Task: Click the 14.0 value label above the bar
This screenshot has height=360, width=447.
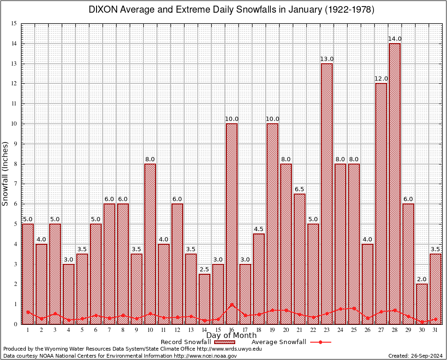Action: (x=395, y=39)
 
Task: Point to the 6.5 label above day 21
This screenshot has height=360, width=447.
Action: (x=299, y=189)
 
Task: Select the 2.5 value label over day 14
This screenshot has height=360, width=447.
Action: (x=204, y=269)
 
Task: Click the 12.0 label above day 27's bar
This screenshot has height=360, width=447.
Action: (x=381, y=79)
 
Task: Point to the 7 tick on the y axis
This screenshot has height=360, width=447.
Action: (x=15, y=184)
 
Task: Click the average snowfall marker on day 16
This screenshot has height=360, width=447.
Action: (x=231, y=305)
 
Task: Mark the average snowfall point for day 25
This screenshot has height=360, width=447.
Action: (x=354, y=308)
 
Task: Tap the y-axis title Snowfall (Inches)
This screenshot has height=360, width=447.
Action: (x=6, y=173)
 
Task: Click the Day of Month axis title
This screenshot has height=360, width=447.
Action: (x=231, y=336)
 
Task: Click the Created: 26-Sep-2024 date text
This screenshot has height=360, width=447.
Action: (x=415, y=356)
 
